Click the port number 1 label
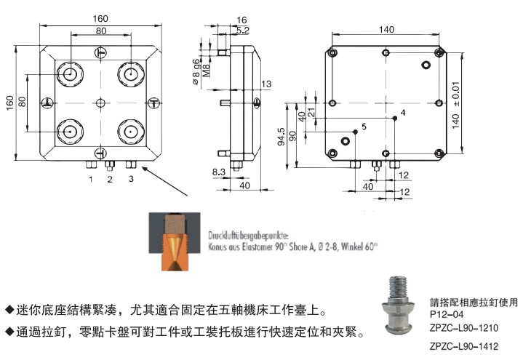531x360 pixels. click(x=91, y=178)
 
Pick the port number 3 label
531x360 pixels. click(x=131, y=178)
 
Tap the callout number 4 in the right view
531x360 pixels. click(x=402, y=113)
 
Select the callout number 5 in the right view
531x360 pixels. click(x=363, y=127)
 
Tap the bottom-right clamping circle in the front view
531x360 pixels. click(x=131, y=132)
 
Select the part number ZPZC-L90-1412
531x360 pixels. click(x=464, y=345)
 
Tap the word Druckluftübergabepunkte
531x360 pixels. click(x=247, y=236)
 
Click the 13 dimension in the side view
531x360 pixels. click(x=266, y=85)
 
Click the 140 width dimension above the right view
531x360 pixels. click(x=386, y=29)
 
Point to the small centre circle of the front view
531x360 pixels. click(x=101, y=102)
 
